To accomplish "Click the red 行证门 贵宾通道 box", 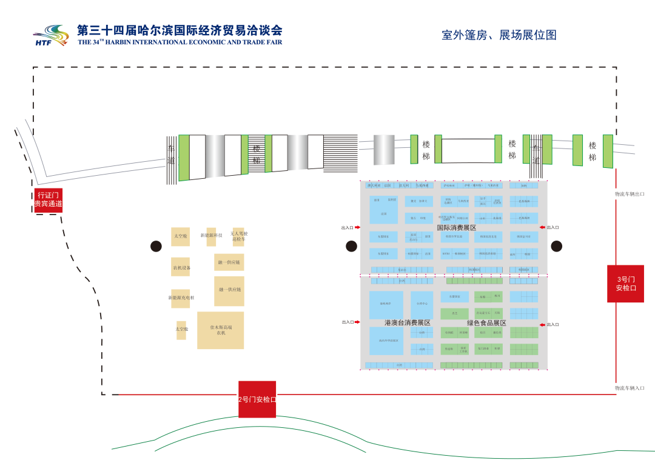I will point(49,200).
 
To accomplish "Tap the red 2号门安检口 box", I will point(257,399).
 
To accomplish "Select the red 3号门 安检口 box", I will point(625,284).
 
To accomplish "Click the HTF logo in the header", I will point(51,36).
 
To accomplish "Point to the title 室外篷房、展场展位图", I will point(499,35).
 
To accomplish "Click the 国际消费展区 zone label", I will point(457,228).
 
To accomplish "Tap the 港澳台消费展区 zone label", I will point(407,323).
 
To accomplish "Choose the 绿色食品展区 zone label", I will point(486,323).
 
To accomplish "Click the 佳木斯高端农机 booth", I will point(221,330).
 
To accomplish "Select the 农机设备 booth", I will point(181,267).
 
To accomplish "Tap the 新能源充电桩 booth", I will point(181,298).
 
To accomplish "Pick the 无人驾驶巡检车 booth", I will point(238,236).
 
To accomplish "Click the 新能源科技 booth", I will point(211,236).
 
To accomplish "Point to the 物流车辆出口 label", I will point(630,194).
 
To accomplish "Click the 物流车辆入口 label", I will point(630,388).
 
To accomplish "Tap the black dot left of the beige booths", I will point(156,246).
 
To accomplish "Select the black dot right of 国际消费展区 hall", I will point(556,246).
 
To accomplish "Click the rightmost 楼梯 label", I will point(593,152).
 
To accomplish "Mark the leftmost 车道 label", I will point(171,155).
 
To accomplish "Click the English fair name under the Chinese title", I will point(180,42).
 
